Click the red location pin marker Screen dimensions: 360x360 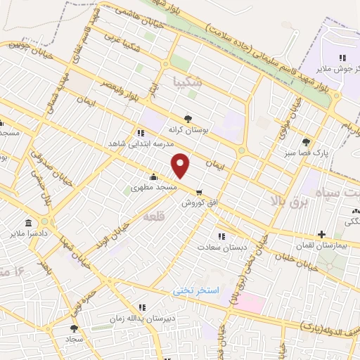point(181,165)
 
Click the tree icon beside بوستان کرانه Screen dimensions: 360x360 point(188,119)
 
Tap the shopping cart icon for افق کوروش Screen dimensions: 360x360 point(200,191)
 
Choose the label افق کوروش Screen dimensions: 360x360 point(199,202)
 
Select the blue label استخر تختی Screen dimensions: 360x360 point(197,290)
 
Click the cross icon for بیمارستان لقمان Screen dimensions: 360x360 point(322,234)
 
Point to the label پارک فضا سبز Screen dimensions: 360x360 point(306,152)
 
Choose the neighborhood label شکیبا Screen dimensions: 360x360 point(191,82)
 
